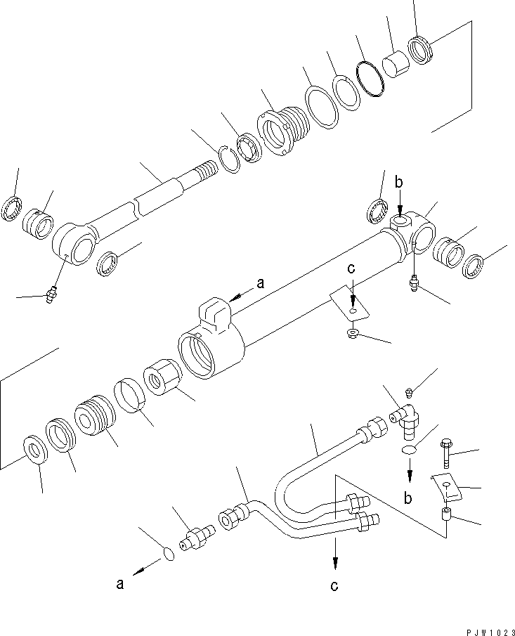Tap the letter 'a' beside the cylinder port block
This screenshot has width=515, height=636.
(x=261, y=283)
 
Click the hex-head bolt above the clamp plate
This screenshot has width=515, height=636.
(x=446, y=455)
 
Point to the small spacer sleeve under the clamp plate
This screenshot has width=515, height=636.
(x=446, y=517)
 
